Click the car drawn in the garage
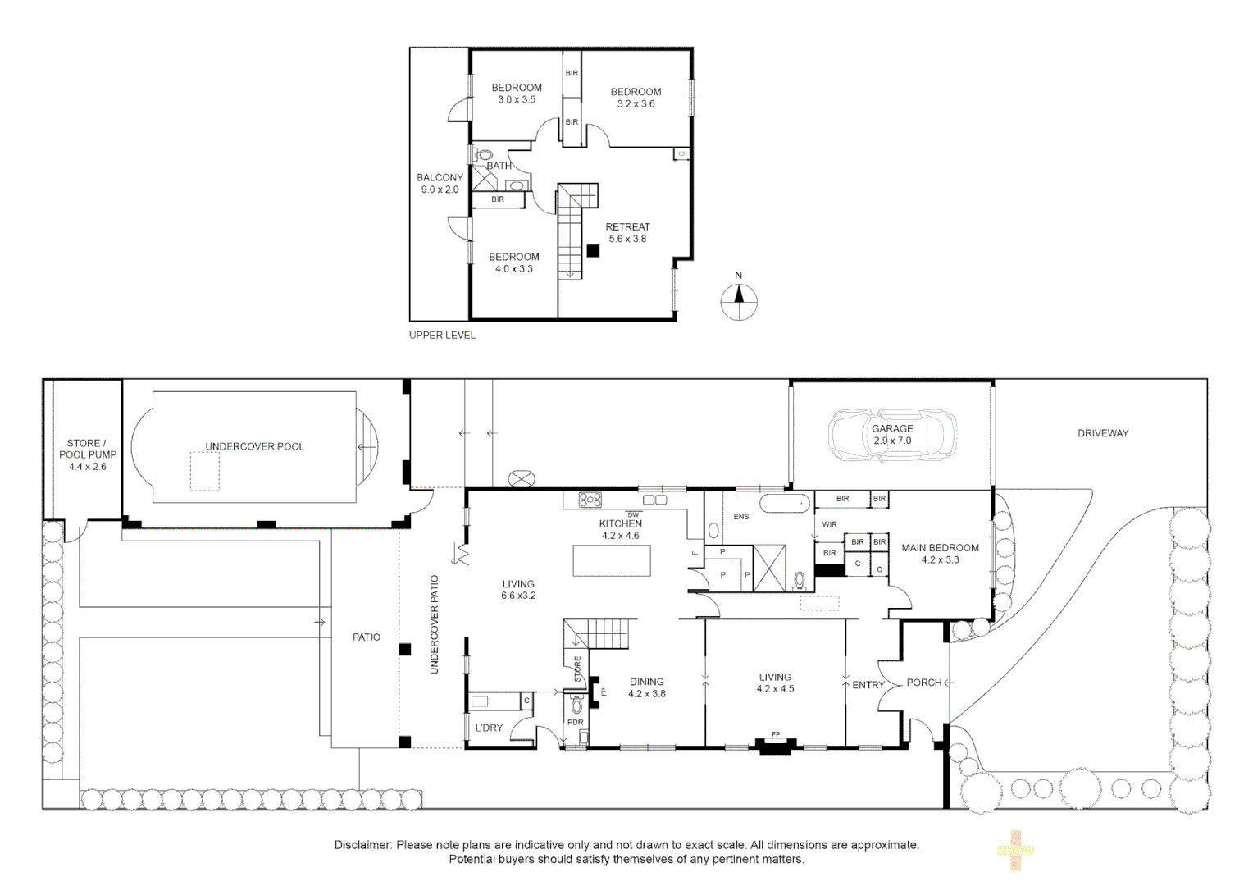coord(892,435)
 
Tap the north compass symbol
coord(738,299)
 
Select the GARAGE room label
coord(892,428)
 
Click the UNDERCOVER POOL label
coord(254,446)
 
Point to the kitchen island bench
coord(612,561)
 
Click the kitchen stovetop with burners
coord(590,499)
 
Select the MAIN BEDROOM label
coord(940,548)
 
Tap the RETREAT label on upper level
coord(627,227)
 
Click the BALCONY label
coord(440,178)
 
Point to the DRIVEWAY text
coord(1103,433)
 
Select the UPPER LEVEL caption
coord(442,335)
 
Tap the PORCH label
coord(923,683)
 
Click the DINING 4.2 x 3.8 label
coord(646,687)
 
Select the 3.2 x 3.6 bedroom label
coord(636,98)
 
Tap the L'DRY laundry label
coord(489,728)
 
